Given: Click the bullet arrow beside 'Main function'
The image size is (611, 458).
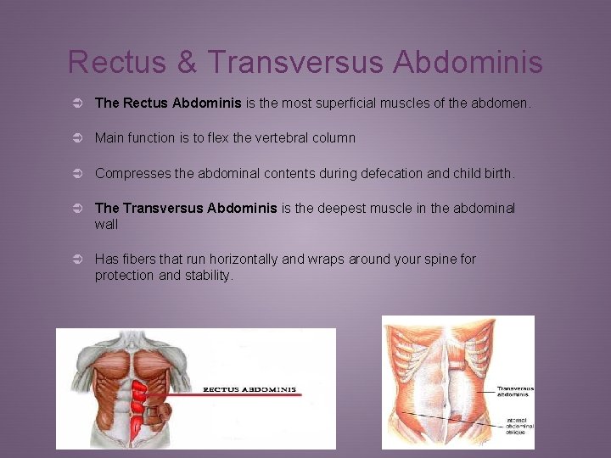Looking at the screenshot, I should [76, 138].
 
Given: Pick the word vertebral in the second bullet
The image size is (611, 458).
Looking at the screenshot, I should [266, 137].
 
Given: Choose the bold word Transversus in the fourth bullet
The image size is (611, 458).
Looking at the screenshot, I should [163, 209].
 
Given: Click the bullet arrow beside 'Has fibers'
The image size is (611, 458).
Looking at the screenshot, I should [76, 260].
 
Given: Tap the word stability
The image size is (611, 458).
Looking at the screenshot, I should [208, 276].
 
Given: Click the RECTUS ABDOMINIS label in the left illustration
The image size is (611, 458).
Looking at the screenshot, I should [249, 390].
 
